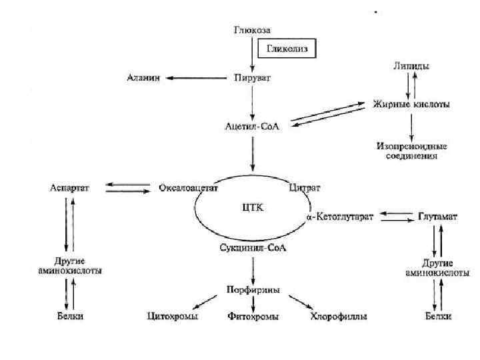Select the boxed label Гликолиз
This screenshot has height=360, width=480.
286,49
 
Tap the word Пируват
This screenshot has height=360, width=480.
253,78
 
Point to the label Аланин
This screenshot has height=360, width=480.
143,78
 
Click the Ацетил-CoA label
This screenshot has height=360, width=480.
252,127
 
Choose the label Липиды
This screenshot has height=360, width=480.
411,66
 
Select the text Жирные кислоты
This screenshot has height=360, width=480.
411,105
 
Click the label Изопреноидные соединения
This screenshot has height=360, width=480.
412,150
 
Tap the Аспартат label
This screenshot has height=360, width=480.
70,188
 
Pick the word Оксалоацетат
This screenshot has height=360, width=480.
189,188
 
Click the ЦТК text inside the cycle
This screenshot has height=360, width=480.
253,207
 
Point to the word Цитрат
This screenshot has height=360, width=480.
305,188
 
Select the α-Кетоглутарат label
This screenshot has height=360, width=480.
340,216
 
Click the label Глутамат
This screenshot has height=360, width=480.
437,216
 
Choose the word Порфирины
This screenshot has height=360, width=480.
253,290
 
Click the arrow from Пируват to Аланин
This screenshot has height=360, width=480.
194,78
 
